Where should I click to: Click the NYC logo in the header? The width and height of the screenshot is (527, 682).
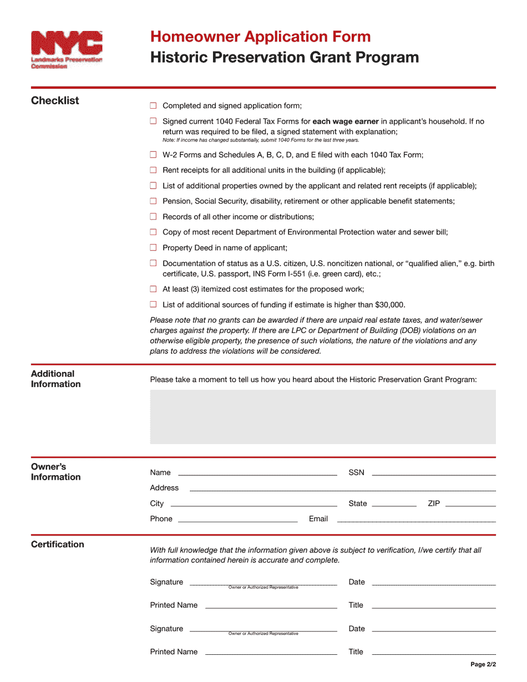[67, 49]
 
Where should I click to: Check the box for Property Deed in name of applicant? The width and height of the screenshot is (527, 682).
[153, 248]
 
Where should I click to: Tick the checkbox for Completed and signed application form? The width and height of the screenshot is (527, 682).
[153, 106]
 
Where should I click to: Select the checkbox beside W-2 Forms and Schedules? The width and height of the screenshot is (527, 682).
[153, 155]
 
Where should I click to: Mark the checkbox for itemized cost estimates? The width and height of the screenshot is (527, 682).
[153, 289]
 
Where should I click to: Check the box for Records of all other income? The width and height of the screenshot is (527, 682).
[153, 217]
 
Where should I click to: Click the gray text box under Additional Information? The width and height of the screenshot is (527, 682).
[322, 416]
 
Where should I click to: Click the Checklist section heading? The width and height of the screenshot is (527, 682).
[55, 100]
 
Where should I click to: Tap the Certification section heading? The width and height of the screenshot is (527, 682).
[58, 544]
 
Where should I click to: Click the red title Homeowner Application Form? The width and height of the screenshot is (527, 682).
[260, 37]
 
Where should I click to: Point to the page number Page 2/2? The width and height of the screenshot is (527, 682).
[483, 664]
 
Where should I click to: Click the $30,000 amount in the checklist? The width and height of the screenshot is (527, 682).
[389, 304]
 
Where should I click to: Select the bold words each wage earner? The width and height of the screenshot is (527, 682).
[346, 121]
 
